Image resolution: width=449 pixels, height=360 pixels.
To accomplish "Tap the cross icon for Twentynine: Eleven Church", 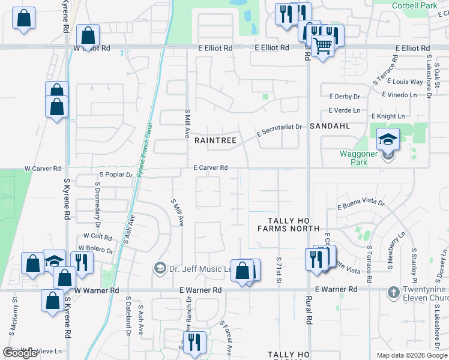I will (x=393, y=292).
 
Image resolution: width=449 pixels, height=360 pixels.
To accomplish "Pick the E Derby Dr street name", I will (x=344, y=96).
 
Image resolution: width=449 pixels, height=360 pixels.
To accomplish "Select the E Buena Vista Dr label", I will (x=361, y=205).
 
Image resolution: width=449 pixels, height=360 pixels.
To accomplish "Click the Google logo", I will (x=20, y=353).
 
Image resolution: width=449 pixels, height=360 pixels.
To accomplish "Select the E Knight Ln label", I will (x=388, y=116).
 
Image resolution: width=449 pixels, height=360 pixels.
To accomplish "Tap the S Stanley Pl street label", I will (x=414, y=267).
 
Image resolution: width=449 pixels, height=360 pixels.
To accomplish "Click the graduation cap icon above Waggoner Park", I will (x=388, y=140).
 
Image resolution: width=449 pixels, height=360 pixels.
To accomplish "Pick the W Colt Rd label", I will (x=98, y=237).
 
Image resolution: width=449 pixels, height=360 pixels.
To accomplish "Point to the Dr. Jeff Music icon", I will (x=160, y=268).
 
